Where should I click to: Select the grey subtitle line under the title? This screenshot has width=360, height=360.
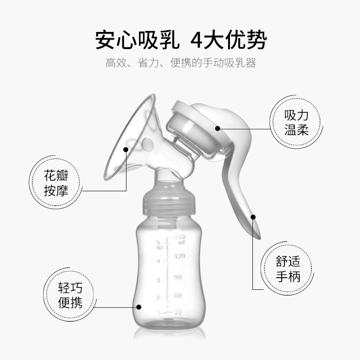point(180,63)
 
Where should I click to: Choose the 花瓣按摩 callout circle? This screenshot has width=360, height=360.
point(56,183)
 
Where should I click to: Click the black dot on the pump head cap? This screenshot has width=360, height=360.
point(218,128)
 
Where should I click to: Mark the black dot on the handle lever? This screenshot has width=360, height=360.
point(253,217)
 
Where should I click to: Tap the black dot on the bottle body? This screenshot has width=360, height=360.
point(139,307)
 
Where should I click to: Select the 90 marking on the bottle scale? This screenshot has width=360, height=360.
point(178,277)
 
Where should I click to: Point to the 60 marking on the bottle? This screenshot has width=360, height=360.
point(177,295)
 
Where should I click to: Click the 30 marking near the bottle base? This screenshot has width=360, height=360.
point(177,312)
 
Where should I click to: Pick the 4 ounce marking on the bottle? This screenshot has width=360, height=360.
point(158,261)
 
